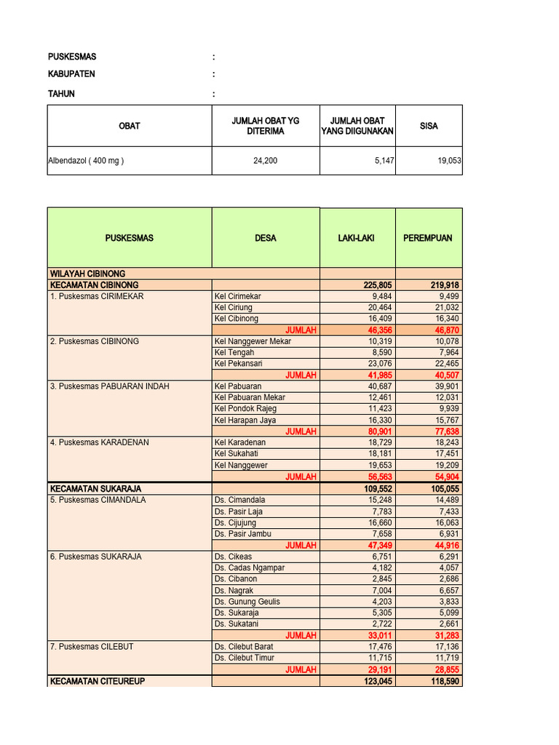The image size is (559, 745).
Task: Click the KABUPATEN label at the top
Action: click(x=71, y=74)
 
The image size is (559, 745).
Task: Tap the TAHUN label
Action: click(x=61, y=94)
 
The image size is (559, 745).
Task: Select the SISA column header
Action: click(x=429, y=126)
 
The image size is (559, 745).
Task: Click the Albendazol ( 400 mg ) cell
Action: click(x=86, y=161)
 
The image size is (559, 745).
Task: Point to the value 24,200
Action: click(x=266, y=161)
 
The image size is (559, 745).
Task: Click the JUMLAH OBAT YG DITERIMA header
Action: click(x=266, y=126)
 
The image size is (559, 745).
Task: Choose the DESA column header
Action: click(x=266, y=238)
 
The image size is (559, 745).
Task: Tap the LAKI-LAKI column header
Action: click(x=357, y=238)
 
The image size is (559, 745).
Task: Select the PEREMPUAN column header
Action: click(x=428, y=238)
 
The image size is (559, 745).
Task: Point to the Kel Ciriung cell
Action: click(x=233, y=308)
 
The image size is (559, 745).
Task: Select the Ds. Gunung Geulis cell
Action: click(x=247, y=602)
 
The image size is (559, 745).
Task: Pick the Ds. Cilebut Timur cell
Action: click(x=244, y=658)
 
